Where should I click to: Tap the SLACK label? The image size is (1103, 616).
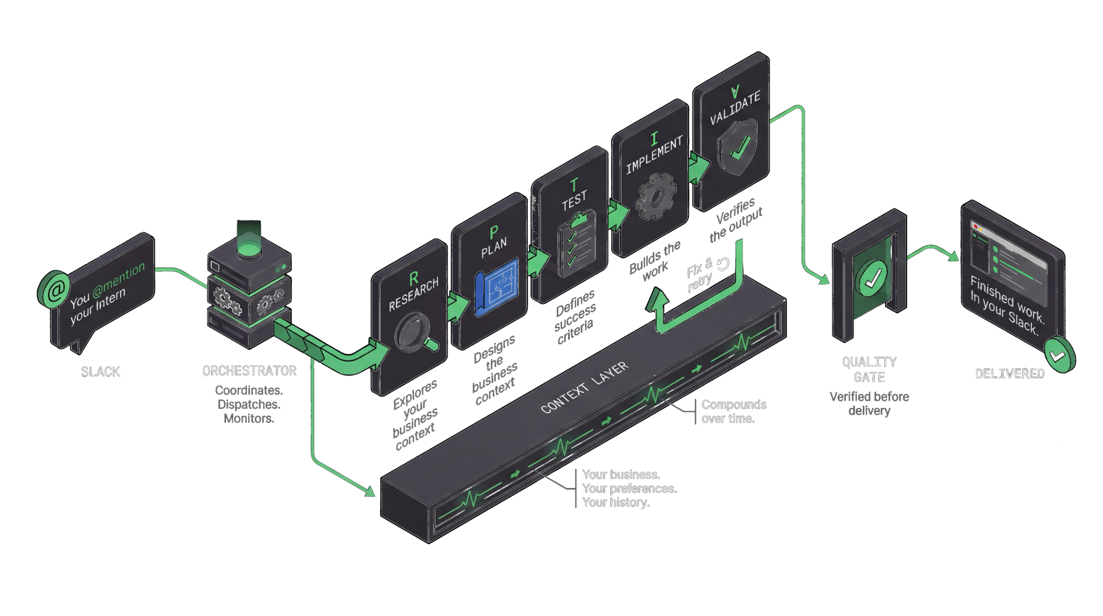click(x=100, y=372)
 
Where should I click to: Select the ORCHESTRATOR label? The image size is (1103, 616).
click(x=249, y=371)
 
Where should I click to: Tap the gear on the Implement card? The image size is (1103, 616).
click(x=656, y=196)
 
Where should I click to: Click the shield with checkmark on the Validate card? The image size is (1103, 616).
click(x=737, y=147)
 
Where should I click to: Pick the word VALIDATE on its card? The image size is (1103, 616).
click(x=735, y=109)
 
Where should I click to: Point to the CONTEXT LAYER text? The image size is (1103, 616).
click(x=584, y=387)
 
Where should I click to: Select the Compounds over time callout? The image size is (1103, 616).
click(x=734, y=412)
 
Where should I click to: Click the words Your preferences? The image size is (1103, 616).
click(x=629, y=488)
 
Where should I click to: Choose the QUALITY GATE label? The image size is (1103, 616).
click(x=869, y=370)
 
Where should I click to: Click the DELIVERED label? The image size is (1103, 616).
click(x=1010, y=374)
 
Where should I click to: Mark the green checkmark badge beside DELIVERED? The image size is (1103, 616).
click(x=1059, y=355)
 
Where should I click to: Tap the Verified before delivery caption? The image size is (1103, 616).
click(x=869, y=404)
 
